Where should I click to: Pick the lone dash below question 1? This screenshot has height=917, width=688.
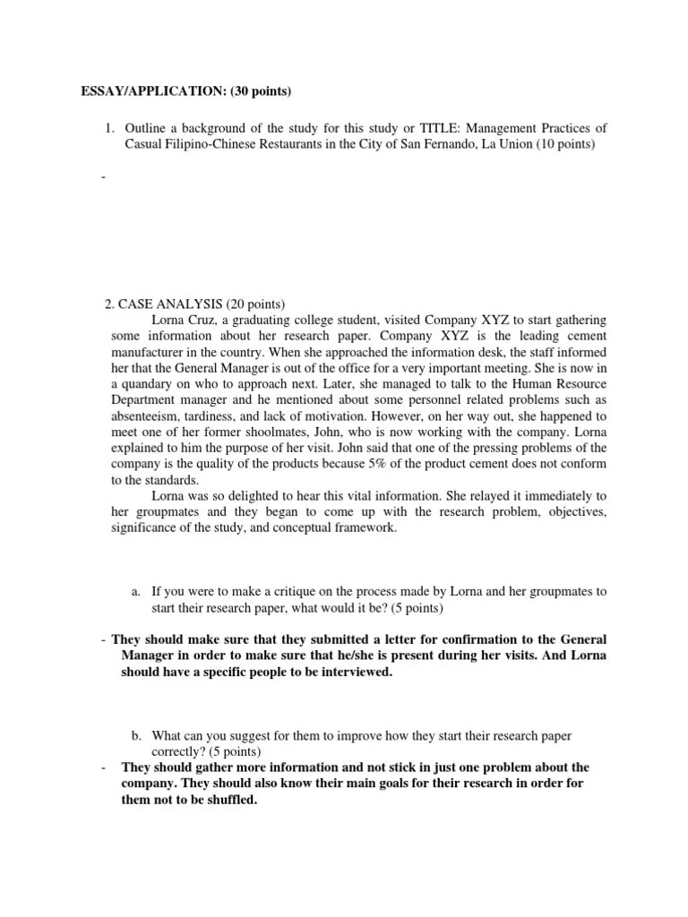[104, 177]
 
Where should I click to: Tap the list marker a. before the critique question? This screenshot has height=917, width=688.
[136, 592]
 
